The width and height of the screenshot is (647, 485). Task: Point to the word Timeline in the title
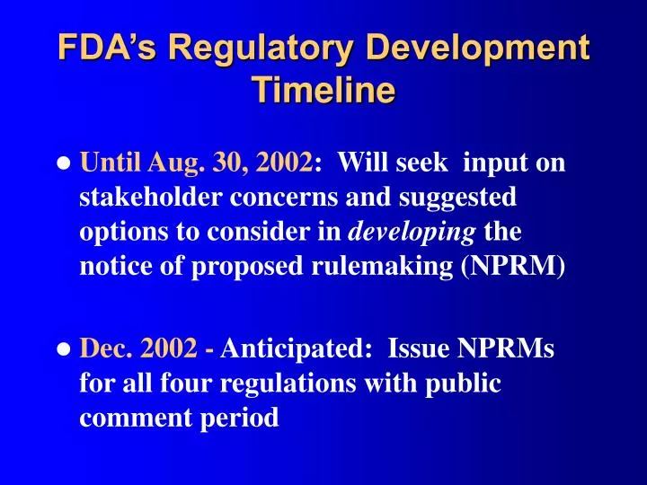[x=323, y=90]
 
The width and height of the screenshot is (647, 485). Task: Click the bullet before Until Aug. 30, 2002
[x=65, y=165]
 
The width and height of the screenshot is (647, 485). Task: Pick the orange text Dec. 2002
[x=139, y=349]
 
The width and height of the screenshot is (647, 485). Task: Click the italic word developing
[x=412, y=232]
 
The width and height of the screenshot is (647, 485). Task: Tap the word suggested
[x=457, y=198]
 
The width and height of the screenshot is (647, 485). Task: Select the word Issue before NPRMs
[x=413, y=349]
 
